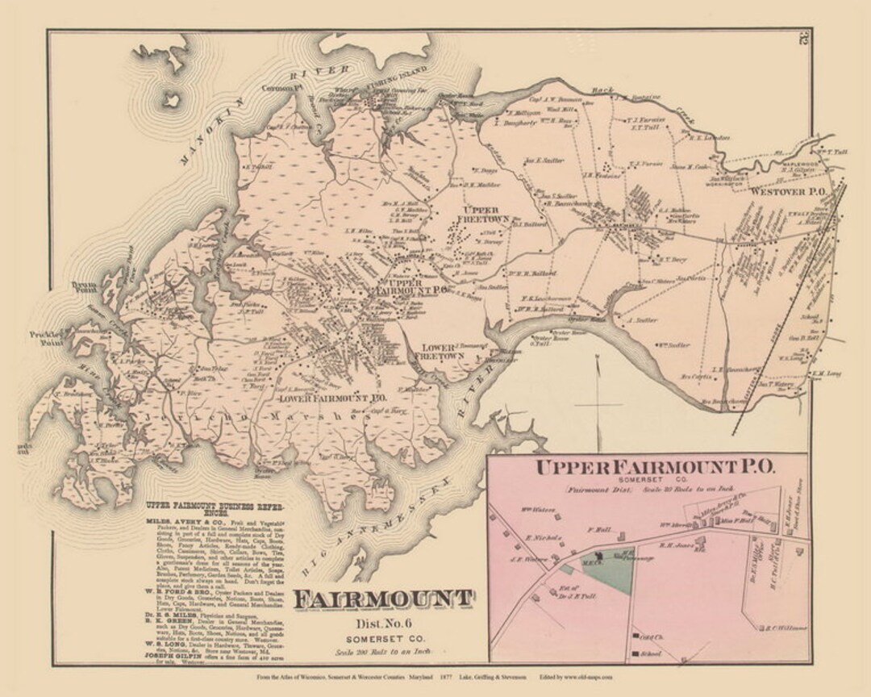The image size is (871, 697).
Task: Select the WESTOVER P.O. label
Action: [785, 193]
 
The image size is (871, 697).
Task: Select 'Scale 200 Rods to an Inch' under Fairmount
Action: [381, 651]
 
